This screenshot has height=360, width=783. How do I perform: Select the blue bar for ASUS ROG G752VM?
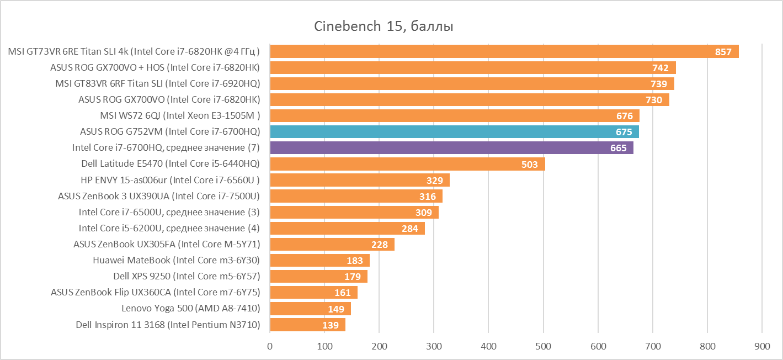click(454, 132)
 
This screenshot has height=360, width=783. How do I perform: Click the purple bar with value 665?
click(451, 148)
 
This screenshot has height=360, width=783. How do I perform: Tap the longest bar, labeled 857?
click(504, 52)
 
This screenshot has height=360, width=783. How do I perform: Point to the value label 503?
click(530, 165)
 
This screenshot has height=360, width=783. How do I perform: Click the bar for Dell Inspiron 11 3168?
click(307, 325)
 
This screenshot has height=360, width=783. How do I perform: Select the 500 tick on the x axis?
click(544, 347)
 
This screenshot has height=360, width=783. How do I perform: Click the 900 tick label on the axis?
click(762, 347)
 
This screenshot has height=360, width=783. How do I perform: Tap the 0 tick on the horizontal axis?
click(270, 347)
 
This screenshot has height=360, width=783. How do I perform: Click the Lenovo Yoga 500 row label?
click(190, 309)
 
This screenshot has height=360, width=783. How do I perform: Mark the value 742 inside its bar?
click(660, 68)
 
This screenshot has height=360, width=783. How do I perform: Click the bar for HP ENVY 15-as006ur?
click(359, 181)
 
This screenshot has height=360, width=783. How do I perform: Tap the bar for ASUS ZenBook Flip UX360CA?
click(313, 293)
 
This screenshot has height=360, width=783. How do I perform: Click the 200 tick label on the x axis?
click(379, 347)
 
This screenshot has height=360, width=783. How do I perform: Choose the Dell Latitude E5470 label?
click(171, 164)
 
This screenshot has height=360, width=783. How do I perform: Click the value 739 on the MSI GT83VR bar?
click(659, 84)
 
